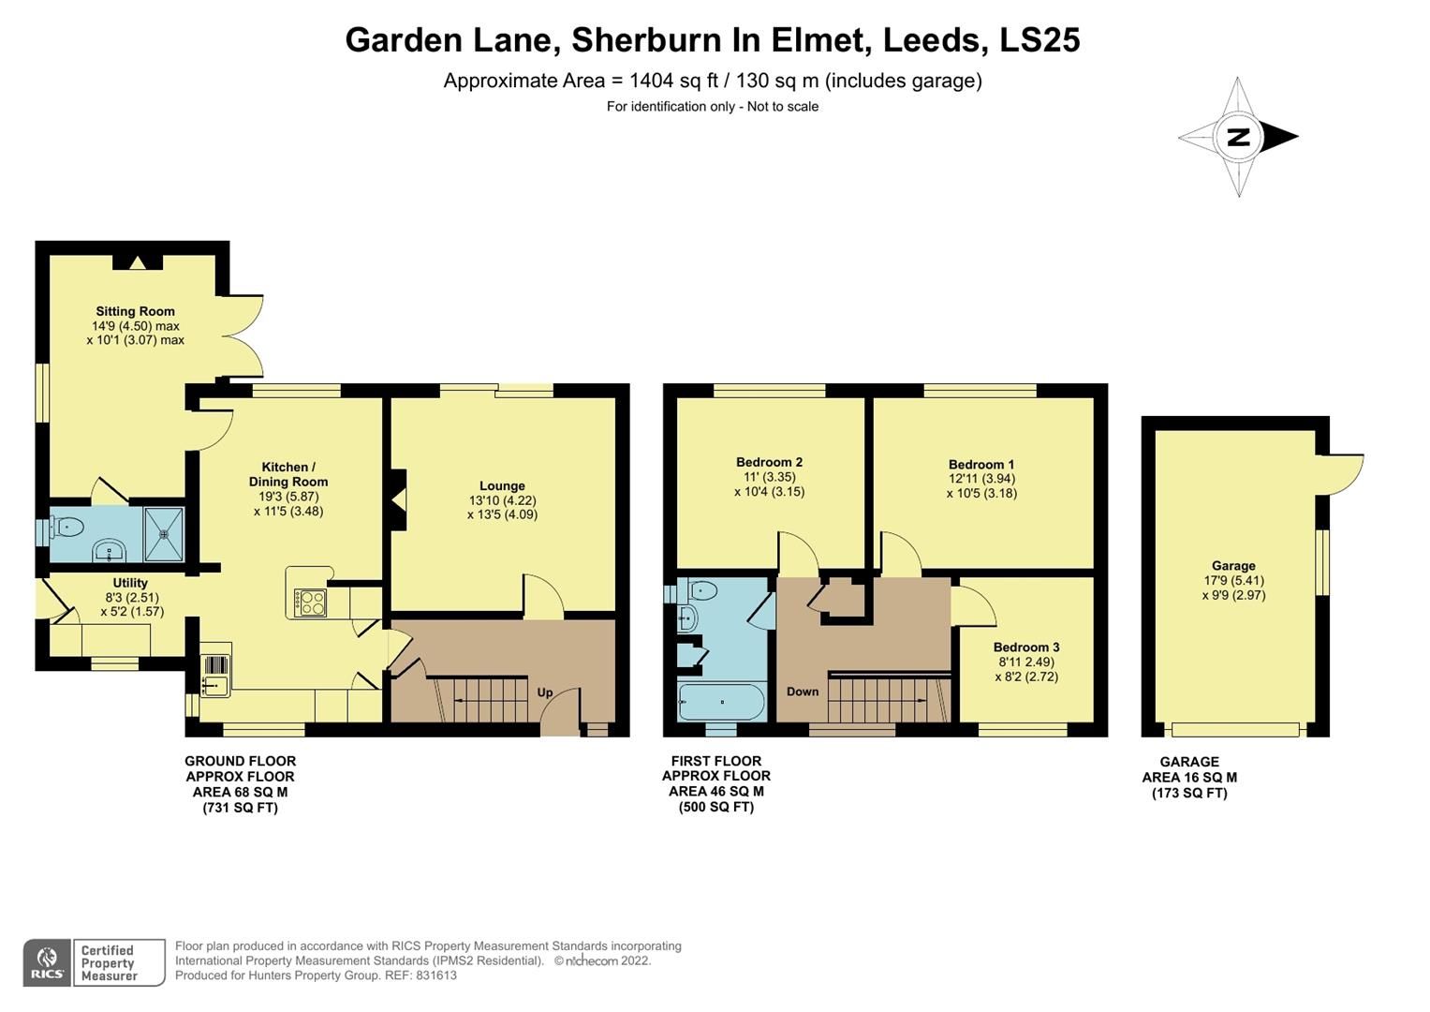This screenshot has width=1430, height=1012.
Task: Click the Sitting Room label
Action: [135, 311]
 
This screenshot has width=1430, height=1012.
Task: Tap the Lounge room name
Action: [502, 485]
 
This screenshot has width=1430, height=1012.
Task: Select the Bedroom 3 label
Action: [1026, 647]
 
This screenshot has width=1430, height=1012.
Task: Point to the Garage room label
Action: [1233, 565]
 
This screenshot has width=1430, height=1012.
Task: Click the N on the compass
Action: [1238, 138]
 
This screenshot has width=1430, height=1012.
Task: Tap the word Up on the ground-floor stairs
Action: [545, 692]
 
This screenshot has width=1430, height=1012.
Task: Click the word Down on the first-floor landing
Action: [803, 692]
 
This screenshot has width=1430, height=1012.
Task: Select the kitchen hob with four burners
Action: [310, 602]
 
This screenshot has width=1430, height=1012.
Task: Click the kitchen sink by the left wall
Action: [214, 674]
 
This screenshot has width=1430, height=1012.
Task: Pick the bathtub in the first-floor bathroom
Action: [722, 701]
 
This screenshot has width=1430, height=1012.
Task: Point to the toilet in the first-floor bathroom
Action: [702, 590]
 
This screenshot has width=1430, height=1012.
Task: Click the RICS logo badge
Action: [46, 962]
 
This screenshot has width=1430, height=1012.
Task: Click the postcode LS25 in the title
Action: [1039, 39]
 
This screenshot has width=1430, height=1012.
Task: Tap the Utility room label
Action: [130, 583]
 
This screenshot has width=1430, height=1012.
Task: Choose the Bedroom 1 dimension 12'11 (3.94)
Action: [980, 479]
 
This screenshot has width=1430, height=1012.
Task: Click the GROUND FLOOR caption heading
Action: [240, 761]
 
